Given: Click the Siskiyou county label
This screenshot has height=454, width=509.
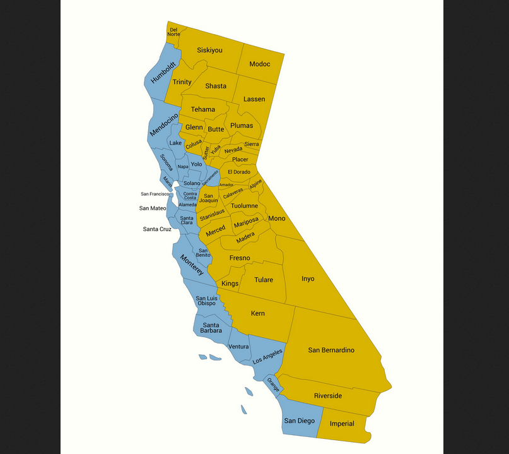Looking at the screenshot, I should (x=209, y=50).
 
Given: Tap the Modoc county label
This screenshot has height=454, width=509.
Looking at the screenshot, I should (x=259, y=64).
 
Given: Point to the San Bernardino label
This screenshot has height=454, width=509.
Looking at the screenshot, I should (x=331, y=350).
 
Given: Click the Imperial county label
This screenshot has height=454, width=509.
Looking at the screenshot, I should (x=342, y=424).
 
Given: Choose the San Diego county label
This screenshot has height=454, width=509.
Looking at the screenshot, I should (x=298, y=421).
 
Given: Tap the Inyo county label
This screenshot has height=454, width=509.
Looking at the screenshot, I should (x=308, y=278).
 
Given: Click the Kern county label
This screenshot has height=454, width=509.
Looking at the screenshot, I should (x=257, y=313).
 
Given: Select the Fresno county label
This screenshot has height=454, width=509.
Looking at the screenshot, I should (x=240, y=258).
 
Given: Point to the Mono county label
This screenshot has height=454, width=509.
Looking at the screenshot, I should (x=277, y=218).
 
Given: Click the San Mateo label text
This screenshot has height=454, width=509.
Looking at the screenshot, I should (x=153, y=208).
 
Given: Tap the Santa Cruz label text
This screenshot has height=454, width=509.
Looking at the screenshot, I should (x=157, y=229).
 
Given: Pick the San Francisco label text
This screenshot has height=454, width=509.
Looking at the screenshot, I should (x=155, y=194).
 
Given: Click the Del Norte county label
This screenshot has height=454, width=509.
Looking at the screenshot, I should (x=173, y=32).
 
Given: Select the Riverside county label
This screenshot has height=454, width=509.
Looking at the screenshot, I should (x=328, y=396).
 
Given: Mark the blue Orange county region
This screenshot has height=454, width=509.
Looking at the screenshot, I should (x=273, y=384).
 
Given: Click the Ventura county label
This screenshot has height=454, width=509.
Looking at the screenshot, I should (x=238, y=347).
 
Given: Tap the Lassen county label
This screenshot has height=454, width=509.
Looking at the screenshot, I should (x=254, y=99).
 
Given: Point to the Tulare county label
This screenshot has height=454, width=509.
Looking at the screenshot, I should (x=264, y=280).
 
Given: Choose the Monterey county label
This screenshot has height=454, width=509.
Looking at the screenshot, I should (x=192, y=265).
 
